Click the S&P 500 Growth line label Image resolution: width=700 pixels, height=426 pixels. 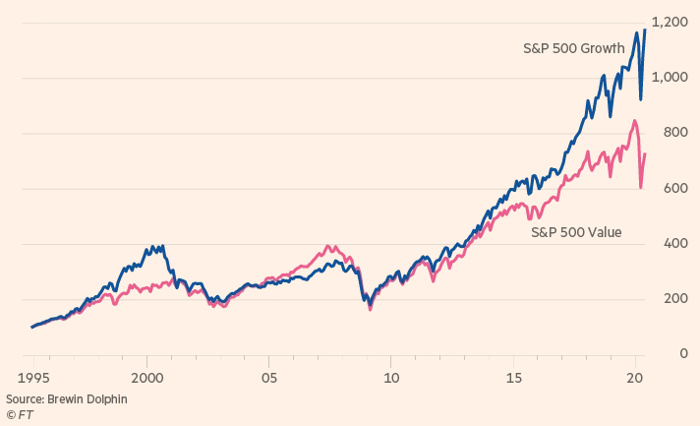(573, 48)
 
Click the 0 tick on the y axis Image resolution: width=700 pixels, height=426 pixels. (681, 353)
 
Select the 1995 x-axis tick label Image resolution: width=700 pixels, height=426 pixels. (34, 377)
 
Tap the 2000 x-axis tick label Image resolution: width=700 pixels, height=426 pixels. (147, 377)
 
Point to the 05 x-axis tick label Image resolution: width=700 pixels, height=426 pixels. (269, 377)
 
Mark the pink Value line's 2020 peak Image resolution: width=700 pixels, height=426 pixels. (634, 121)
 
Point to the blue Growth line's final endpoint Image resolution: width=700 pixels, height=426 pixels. (645, 30)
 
